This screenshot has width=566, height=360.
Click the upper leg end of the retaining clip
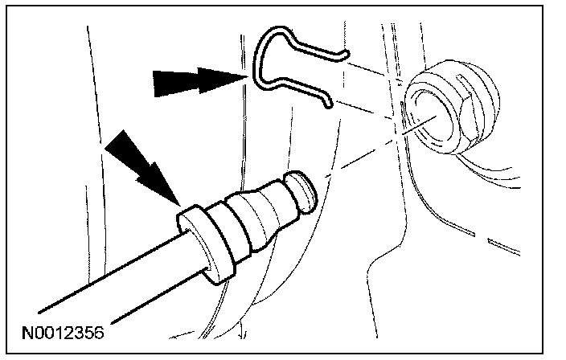pyautogui.click(x=342, y=55)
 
